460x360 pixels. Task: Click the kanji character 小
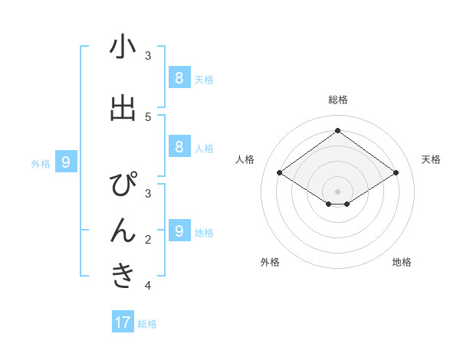click(123, 47)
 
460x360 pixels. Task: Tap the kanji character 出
click(123, 109)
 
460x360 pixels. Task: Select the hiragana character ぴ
click(123, 187)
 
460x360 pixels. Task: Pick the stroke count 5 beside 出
click(148, 116)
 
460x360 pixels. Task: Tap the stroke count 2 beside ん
click(148, 240)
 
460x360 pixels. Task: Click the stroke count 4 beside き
click(148, 286)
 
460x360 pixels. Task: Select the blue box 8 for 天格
click(179, 78)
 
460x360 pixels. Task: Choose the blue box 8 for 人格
click(179, 147)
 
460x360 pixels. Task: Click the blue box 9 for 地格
click(179, 231)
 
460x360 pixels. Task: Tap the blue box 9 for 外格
click(66, 162)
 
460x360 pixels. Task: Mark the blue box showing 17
click(123, 322)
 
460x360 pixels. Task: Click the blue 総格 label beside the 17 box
click(147, 324)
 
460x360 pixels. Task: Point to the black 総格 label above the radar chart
click(338, 100)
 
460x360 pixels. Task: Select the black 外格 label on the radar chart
click(270, 263)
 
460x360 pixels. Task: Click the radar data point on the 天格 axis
click(396, 173)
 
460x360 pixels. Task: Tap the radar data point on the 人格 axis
click(280, 173)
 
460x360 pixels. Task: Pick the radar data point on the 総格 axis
click(338, 131)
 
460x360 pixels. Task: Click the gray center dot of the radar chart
click(338, 191)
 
